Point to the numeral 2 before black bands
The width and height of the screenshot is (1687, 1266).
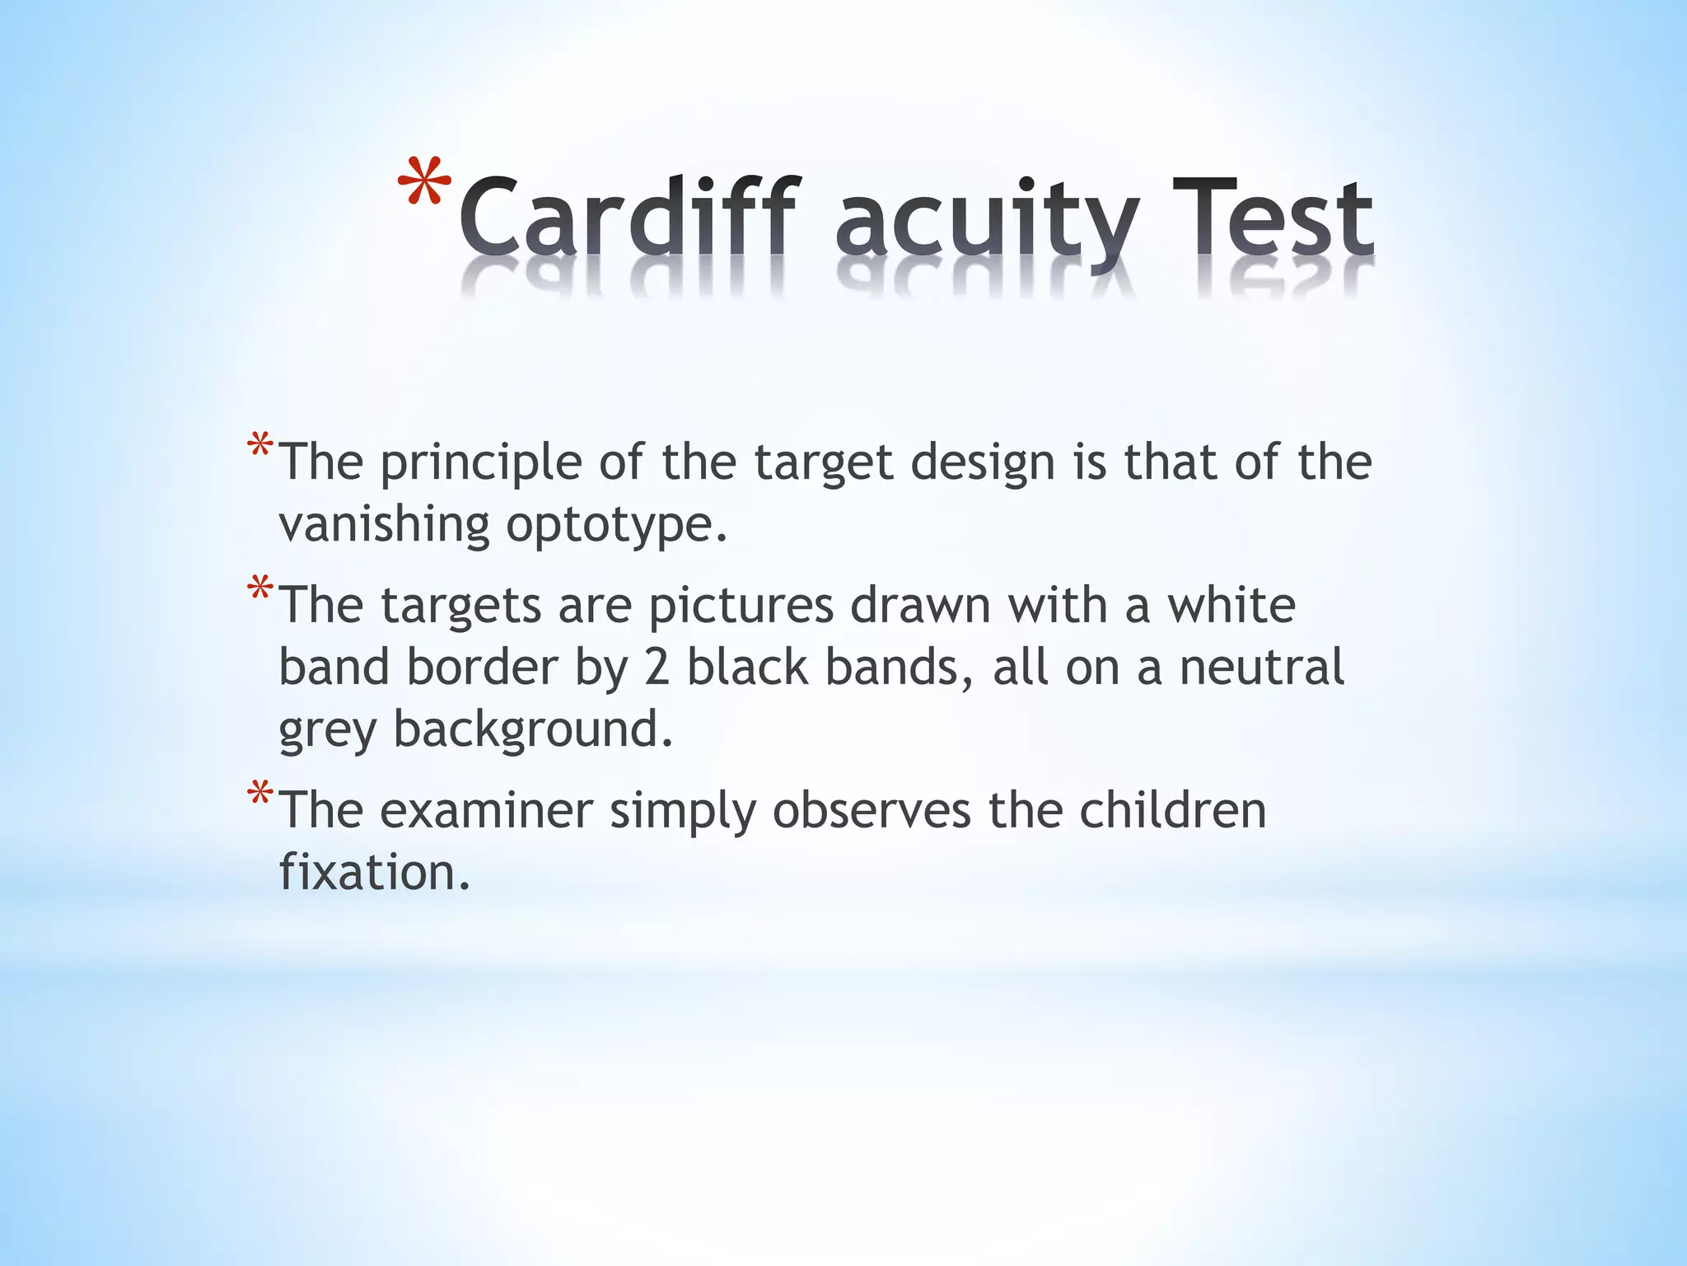pos(657,667)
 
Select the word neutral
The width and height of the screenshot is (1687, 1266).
pos(1261,667)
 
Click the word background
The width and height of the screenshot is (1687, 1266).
pos(533,729)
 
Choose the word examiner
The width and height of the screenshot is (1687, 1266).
pos(486,810)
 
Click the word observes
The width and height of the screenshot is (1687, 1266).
pos(872,810)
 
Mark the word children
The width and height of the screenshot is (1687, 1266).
pos(1172,810)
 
